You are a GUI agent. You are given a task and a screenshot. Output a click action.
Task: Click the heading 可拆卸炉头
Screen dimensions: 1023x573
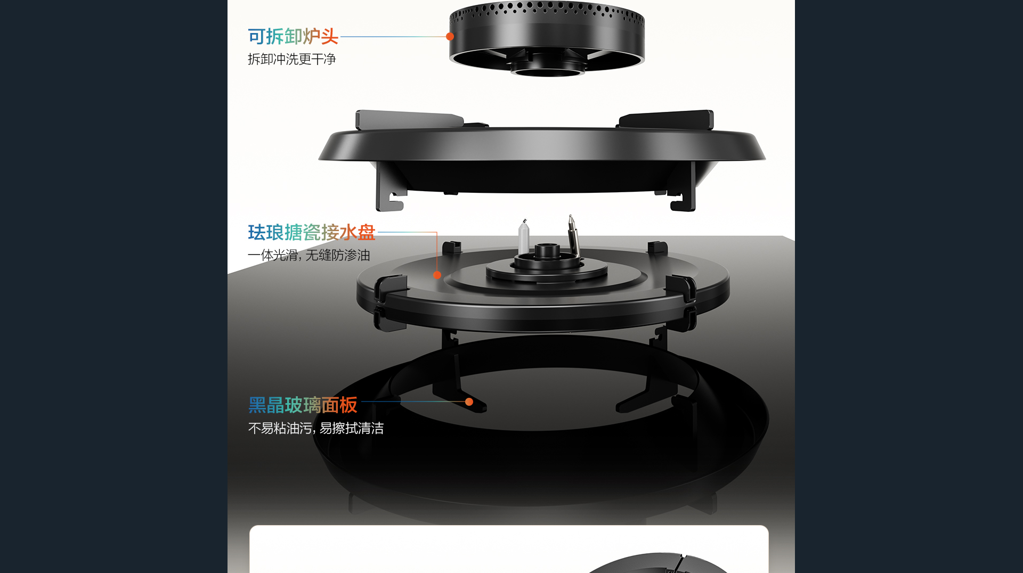click(293, 36)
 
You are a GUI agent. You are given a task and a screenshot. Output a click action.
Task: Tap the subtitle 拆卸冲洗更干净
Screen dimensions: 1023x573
click(292, 59)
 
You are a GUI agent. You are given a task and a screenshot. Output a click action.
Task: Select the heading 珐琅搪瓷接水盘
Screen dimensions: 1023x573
click(312, 233)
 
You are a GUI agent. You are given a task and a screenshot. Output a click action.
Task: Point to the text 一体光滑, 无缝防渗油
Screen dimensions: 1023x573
click(309, 255)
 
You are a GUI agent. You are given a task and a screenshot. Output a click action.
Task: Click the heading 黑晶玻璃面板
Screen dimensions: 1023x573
click(303, 405)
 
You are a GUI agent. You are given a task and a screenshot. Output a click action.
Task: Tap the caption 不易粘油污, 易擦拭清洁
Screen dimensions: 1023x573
click(316, 428)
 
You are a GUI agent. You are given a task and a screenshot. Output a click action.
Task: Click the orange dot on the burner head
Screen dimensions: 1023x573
click(450, 36)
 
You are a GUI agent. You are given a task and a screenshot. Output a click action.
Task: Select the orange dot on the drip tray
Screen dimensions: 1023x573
click(437, 275)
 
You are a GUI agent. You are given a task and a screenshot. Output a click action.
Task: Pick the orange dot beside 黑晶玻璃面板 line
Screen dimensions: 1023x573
click(469, 402)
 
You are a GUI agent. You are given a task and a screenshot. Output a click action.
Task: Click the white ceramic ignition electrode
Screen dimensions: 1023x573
click(524, 238)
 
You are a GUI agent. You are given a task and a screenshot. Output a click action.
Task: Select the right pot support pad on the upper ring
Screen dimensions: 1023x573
click(666, 119)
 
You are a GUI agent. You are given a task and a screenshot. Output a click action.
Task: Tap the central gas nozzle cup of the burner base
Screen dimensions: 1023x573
click(547, 251)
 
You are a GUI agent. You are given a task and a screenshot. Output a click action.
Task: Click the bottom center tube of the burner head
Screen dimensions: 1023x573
click(548, 69)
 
